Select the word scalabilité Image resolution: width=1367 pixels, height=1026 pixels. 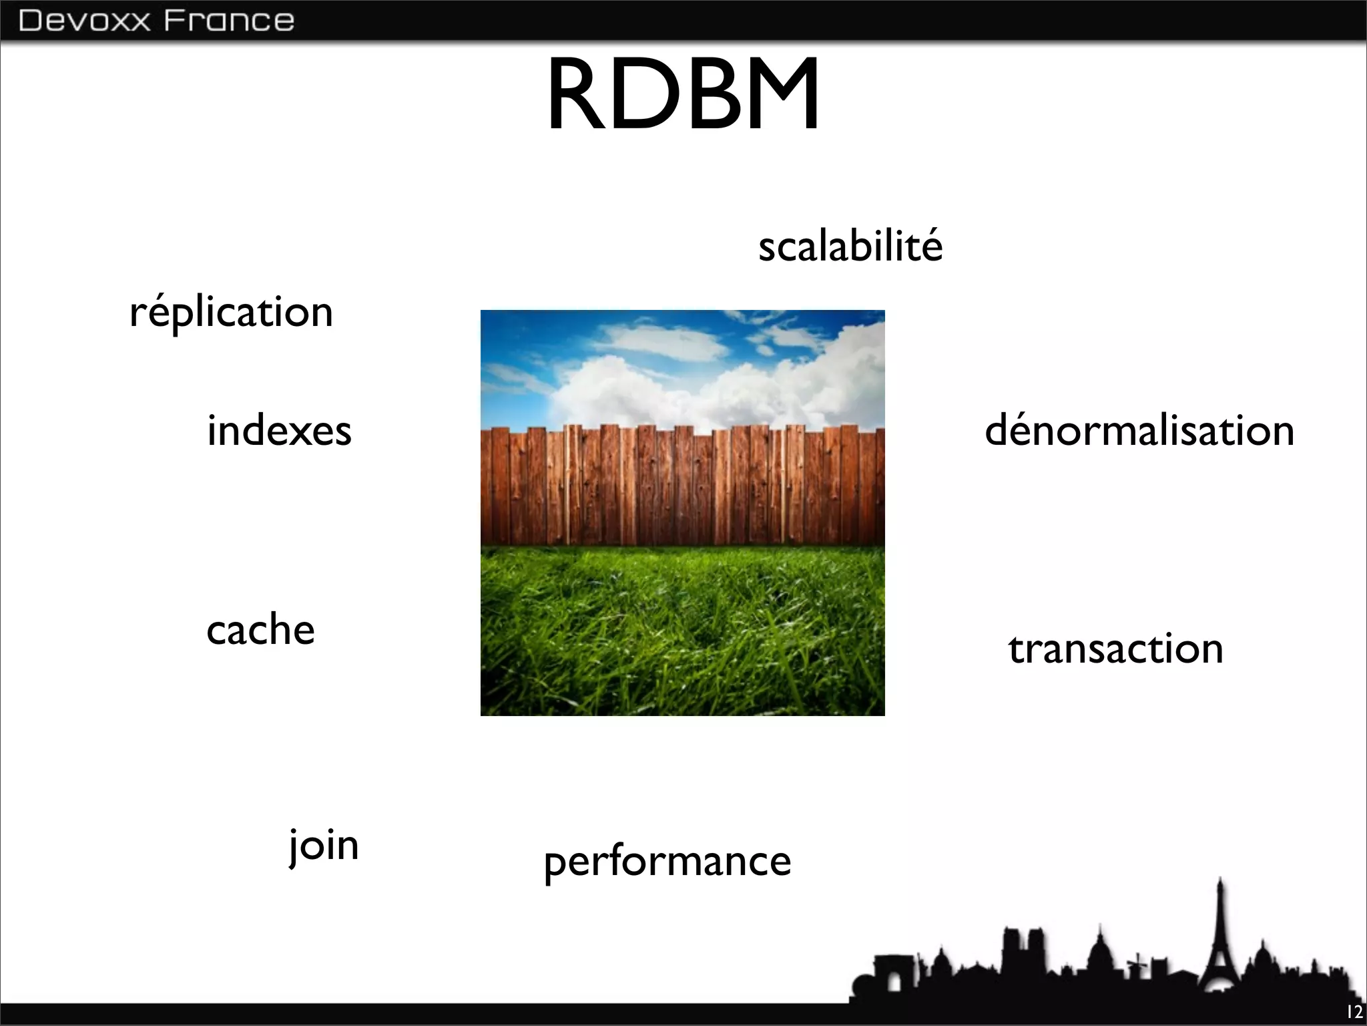pyautogui.click(x=850, y=246)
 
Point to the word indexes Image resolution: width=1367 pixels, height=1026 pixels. pyautogui.click(x=279, y=430)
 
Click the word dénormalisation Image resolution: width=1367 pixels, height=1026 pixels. pyautogui.click(x=1139, y=430)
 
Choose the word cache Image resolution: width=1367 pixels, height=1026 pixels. pyautogui.click(x=260, y=630)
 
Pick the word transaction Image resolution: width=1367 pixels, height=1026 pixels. pyautogui.click(x=1115, y=649)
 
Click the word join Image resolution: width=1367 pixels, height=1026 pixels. pyautogui.click(x=324, y=846)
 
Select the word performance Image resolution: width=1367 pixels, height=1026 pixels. pyautogui.click(x=667, y=862)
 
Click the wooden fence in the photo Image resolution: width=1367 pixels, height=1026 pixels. pyautogui.click(x=682, y=488)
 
